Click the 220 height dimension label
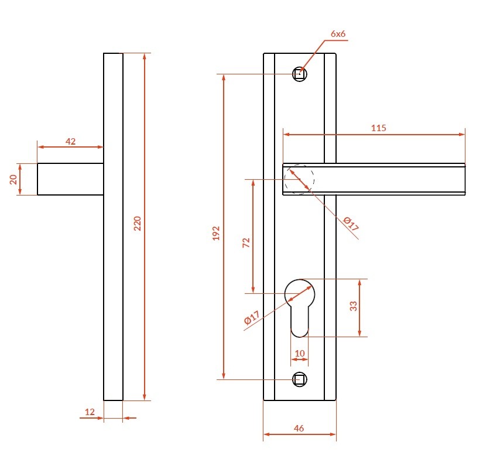tap(138, 223)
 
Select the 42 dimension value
tap(70, 141)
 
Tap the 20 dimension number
tap(13, 179)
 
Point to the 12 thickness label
tap(90, 412)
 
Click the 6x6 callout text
tap(338, 33)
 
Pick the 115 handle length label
tap(378, 128)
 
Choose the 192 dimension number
tap(216, 233)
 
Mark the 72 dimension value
tap(246, 243)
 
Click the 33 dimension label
tap(353, 306)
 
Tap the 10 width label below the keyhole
tap(300, 353)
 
